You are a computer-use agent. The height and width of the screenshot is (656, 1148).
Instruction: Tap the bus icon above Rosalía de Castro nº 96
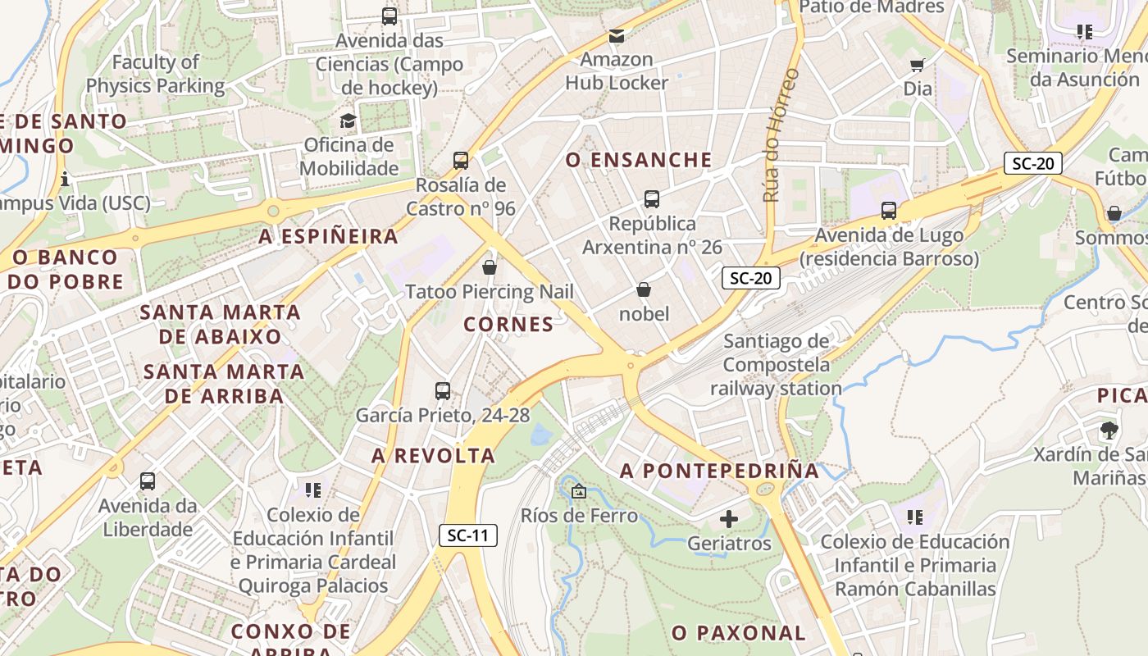(461, 161)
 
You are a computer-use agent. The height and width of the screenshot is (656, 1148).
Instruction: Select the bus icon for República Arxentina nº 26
(652, 199)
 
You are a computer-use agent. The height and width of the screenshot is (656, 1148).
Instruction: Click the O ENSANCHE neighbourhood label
(639, 160)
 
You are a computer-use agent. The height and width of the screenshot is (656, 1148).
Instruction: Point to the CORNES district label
(508, 325)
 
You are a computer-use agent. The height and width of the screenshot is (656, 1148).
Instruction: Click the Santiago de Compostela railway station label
(777, 365)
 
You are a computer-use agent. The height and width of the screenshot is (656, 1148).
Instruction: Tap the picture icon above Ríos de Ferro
(579, 492)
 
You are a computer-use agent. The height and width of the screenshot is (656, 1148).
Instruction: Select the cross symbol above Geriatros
(728, 519)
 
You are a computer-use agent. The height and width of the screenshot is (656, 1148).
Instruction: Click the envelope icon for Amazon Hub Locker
(617, 36)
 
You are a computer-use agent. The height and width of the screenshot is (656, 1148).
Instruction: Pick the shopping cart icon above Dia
(918, 65)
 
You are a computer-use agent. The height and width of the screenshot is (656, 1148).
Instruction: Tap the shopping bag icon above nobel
(644, 290)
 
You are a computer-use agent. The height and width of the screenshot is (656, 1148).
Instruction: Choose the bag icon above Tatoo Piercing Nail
(490, 267)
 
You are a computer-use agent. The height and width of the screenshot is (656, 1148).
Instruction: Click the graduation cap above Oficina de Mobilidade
(348, 121)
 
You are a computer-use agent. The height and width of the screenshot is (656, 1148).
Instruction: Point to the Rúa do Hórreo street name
(781, 135)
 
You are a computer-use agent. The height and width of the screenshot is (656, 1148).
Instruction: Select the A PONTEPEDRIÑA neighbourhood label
(719, 471)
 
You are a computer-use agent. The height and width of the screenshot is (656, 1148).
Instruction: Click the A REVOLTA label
(433, 456)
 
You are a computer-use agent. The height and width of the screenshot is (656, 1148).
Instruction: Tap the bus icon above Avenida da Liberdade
(148, 481)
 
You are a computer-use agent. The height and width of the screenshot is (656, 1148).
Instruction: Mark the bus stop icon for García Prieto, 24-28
(443, 391)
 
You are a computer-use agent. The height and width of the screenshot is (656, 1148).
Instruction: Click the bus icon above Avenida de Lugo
(889, 211)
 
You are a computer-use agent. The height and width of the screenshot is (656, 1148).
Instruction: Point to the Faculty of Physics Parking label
(155, 74)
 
